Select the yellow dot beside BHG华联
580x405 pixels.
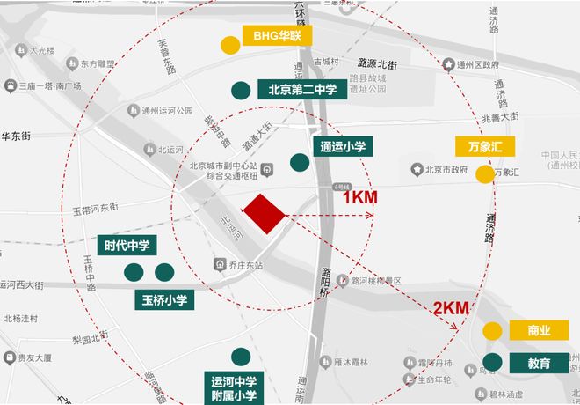pyautogui.click(x=229, y=45)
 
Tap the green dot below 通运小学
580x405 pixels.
pyautogui.click(x=299, y=162)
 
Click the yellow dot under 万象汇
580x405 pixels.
pyautogui.click(x=483, y=174)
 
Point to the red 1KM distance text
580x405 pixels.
pyautogui.click(x=360, y=197)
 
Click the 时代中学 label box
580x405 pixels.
pyautogui.click(x=126, y=246)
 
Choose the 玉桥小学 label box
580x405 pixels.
pyautogui.click(x=164, y=298)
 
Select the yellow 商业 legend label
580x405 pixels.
pyautogui.click(x=539, y=330)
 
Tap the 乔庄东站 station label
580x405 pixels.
pyautogui.click(x=242, y=263)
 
